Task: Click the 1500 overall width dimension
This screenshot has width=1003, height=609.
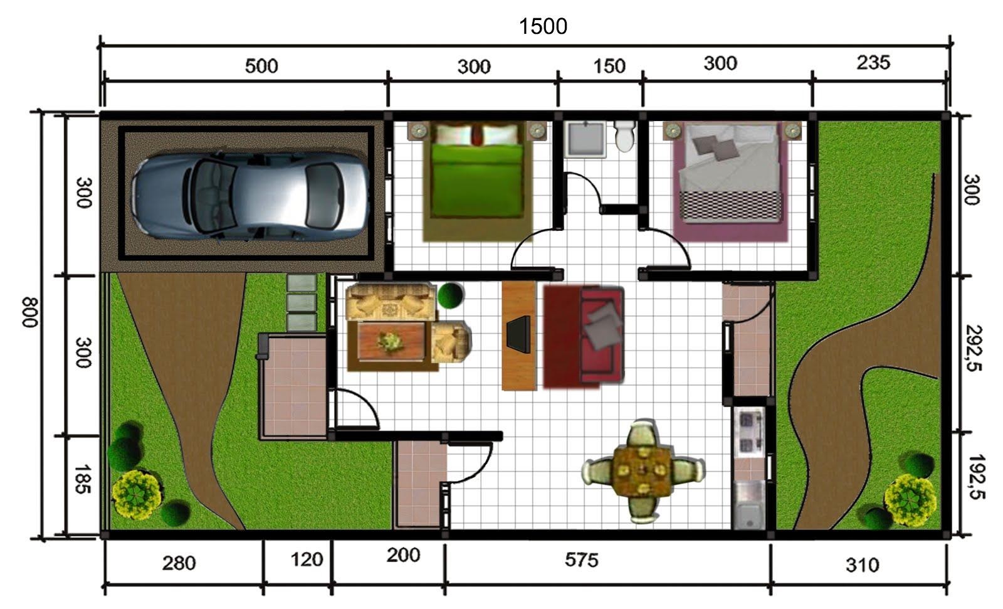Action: click(x=543, y=26)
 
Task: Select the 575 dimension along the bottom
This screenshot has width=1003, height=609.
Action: click(x=581, y=559)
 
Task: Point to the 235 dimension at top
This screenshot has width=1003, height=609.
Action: click(x=873, y=62)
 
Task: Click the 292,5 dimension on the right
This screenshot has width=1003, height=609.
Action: click(x=973, y=347)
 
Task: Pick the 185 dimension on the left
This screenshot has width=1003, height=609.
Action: click(x=83, y=479)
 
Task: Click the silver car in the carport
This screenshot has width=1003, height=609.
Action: click(x=249, y=195)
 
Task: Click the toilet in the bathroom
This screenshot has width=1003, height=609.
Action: click(x=625, y=136)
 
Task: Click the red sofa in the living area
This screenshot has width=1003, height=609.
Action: click(x=584, y=336)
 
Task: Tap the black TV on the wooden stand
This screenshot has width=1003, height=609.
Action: click(x=518, y=334)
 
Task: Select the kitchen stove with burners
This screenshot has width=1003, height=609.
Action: click(x=749, y=430)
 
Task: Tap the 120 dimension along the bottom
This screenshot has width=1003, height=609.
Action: click(x=307, y=559)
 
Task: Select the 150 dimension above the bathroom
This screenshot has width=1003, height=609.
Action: click(x=609, y=66)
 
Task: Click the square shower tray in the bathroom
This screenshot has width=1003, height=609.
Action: click(x=585, y=139)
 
